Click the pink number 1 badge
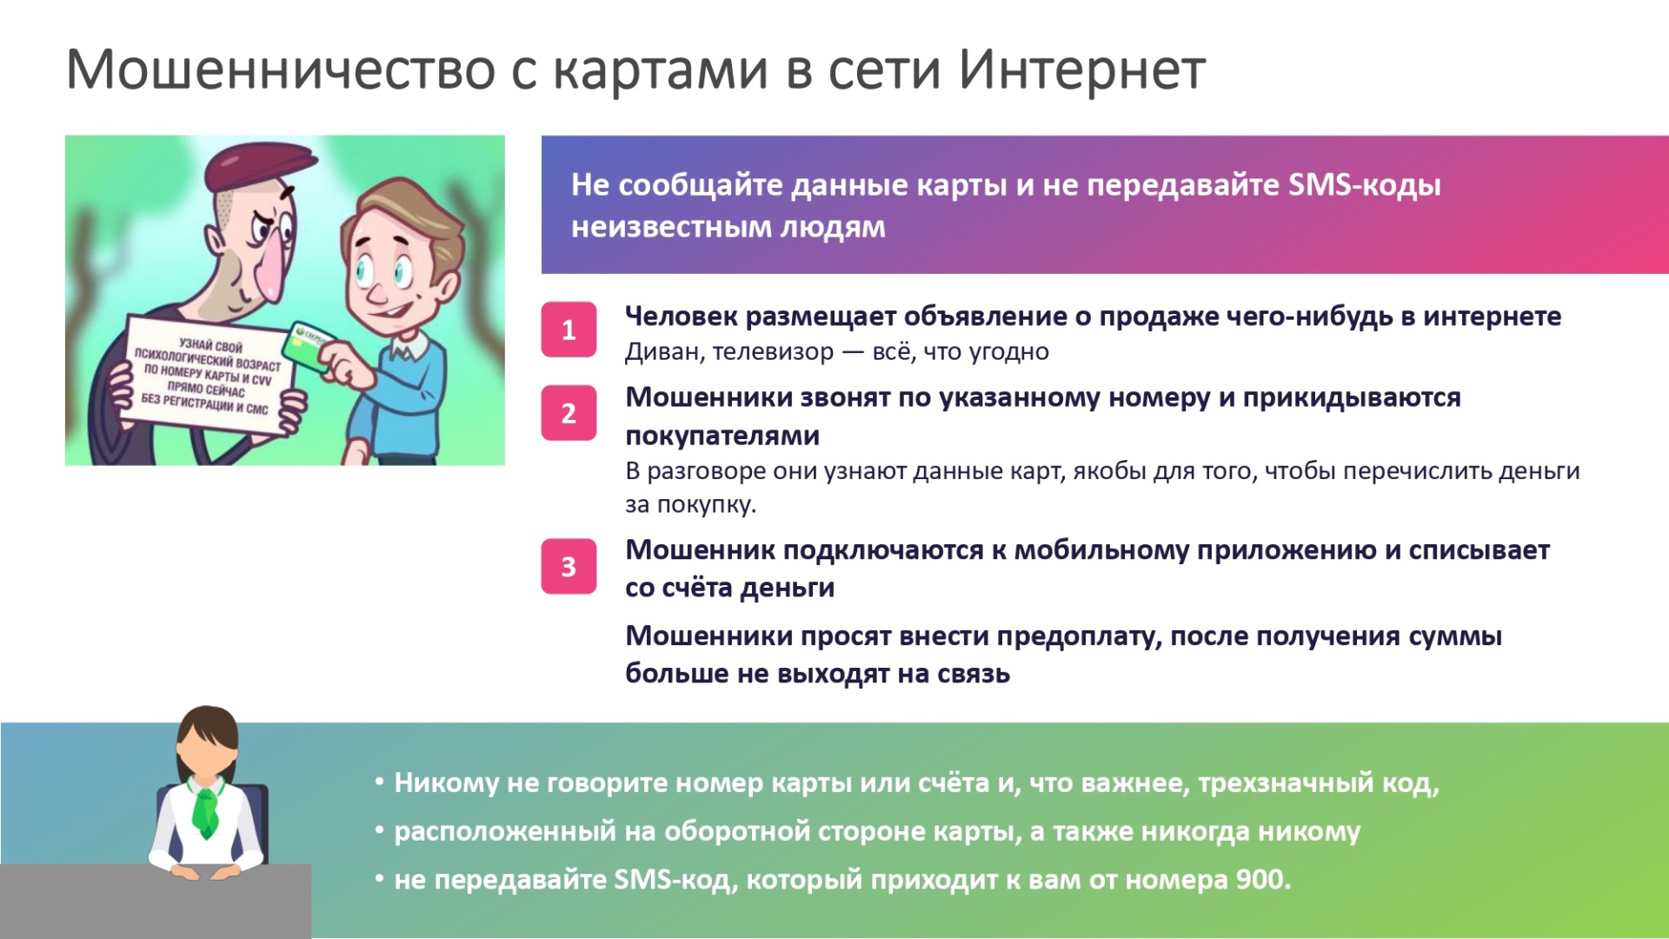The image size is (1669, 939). click(569, 330)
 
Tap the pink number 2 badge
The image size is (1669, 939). click(569, 413)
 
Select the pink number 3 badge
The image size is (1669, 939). click(569, 567)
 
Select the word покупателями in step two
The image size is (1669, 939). click(722, 436)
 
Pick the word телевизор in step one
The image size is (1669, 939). click(773, 352)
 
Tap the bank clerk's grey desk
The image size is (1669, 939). click(156, 901)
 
